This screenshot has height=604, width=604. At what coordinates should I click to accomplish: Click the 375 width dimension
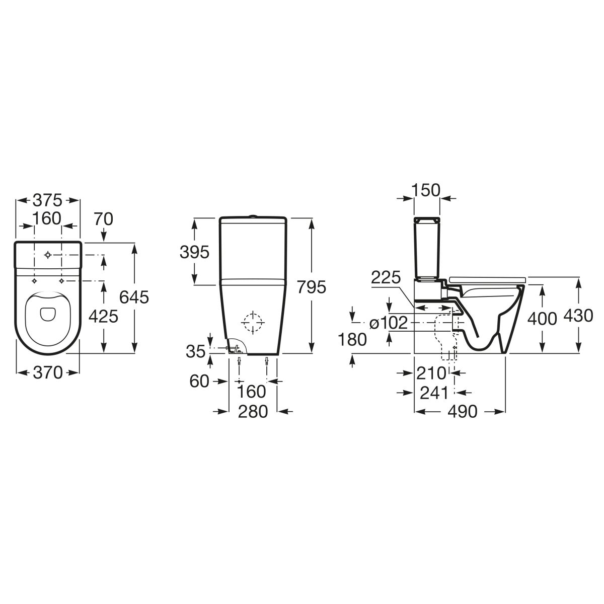[47, 200]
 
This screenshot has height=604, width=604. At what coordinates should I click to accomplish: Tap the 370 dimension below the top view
[48, 372]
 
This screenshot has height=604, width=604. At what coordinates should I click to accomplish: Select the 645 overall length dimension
[134, 297]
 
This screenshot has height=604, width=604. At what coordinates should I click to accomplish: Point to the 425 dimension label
[103, 316]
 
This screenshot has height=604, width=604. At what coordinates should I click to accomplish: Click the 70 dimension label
[104, 219]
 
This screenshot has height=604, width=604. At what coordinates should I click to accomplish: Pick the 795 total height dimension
[312, 287]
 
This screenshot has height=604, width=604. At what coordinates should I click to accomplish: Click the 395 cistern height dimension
[194, 252]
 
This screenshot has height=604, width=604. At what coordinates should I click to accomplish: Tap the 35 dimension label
[196, 351]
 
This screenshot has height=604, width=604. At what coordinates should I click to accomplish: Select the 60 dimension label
[199, 382]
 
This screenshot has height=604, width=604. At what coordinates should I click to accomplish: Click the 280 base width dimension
[253, 412]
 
